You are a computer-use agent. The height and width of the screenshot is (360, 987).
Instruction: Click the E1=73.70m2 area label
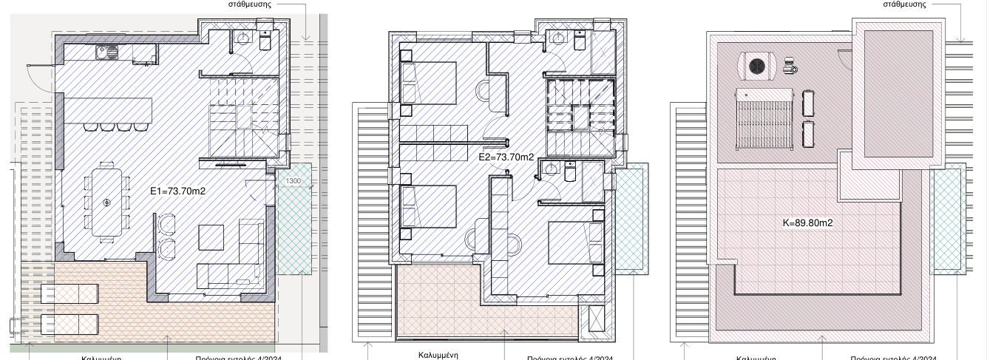(x=177, y=191)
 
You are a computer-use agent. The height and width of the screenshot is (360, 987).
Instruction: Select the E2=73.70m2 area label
(x=506, y=157)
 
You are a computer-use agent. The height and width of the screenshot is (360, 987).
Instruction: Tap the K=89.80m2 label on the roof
(x=807, y=221)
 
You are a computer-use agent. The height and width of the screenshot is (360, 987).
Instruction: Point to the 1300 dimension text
(x=294, y=181)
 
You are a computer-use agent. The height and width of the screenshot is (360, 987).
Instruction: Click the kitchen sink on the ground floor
(x=108, y=52)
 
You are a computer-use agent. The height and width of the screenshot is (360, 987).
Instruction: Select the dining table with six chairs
(x=108, y=202)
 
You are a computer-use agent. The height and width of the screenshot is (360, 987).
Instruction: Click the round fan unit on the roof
(x=759, y=66)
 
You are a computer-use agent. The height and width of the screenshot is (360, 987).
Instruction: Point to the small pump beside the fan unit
(x=790, y=66)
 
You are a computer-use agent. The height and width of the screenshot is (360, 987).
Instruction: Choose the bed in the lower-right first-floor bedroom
(x=574, y=241)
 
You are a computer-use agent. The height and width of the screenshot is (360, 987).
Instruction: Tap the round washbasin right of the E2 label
(x=549, y=170)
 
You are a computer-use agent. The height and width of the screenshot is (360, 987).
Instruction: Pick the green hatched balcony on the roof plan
(x=949, y=220)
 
